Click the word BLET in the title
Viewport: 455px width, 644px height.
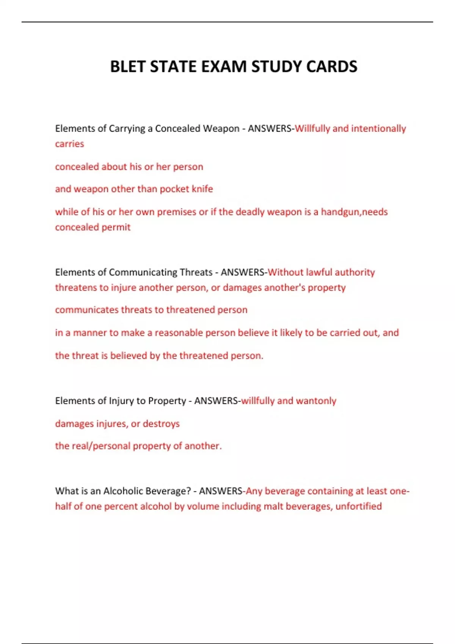[128, 67]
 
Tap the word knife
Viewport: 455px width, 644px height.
[202, 189]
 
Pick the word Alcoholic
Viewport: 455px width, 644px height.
[123, 491]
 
